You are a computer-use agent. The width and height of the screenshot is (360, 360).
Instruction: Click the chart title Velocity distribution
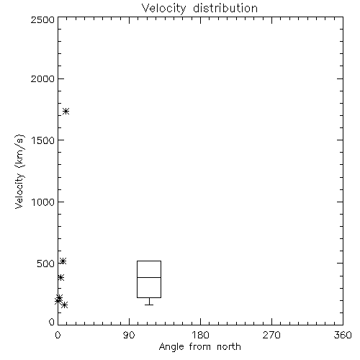(x=199, y=8)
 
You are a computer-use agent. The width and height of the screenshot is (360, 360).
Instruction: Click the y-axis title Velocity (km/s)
(x=19, y=171)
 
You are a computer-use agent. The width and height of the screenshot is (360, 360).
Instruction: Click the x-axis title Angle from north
(x=199, y=346)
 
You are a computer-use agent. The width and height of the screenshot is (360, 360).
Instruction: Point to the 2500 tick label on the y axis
(x=42, y=19)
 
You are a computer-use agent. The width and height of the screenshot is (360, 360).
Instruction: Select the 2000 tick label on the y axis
(x=42, y=78)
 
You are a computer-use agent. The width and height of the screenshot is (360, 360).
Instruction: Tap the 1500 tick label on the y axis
(x=43, y=140)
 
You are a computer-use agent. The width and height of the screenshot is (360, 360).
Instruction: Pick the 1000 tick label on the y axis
(x=43, y=202)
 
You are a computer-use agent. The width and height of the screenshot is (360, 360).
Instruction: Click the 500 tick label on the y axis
(x=46, y=264)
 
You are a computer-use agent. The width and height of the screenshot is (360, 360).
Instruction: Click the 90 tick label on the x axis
(x=129, y=335)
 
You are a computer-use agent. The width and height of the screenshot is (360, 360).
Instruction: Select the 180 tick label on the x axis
(x=200, y=335)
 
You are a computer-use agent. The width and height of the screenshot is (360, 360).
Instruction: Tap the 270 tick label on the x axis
(x=271, y=335)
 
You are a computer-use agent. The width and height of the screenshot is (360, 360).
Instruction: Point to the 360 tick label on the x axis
(x=343, y=335)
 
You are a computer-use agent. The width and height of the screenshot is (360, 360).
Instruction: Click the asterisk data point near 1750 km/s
(x=66, y=112)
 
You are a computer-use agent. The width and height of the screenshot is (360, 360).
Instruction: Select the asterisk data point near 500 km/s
(x=63, y=261)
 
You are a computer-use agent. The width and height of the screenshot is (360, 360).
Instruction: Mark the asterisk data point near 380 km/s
(x=60, y=278)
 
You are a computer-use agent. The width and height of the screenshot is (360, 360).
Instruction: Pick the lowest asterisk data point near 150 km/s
(x=64, y=305)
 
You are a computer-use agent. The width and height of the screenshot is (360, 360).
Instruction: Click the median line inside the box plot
(x=149, y=277)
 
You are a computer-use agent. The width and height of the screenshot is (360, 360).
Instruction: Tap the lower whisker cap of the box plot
(x=149, y=305)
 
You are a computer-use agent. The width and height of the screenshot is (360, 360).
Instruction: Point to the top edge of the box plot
(x=149, y=261)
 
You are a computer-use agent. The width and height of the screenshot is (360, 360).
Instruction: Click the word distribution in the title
(x=225, y=8)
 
